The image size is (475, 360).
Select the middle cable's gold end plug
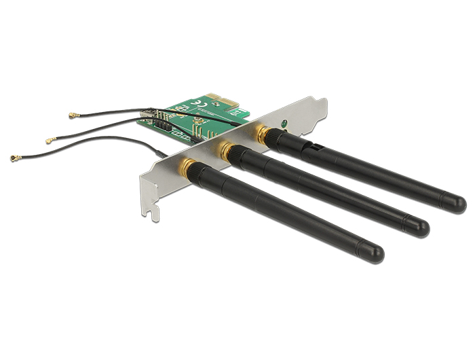[x=49, y=141]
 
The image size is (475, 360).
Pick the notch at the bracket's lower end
[x=153, y=212]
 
